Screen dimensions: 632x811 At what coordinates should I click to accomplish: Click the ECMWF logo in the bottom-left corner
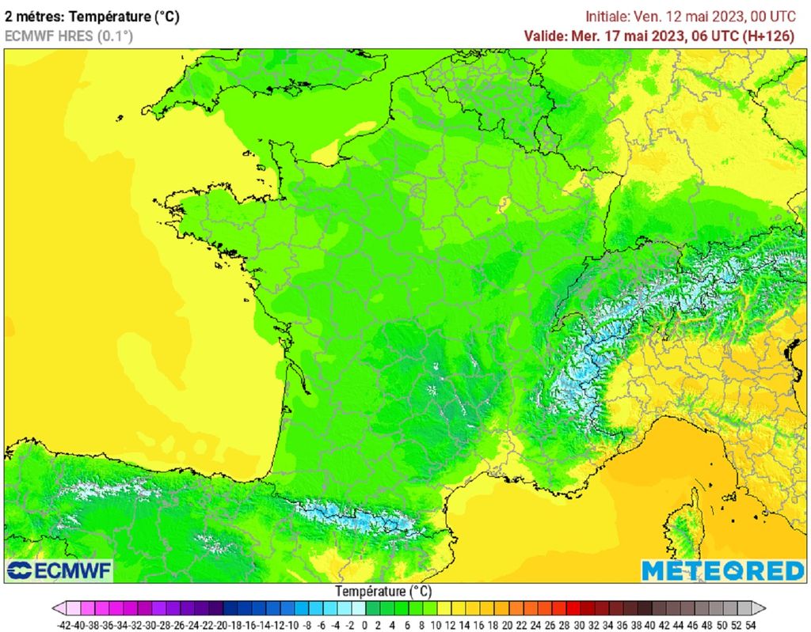coord(59,570)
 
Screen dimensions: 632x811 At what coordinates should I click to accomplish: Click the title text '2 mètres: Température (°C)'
coord(92,17)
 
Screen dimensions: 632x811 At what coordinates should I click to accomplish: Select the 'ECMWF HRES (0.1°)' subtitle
coord(69,36)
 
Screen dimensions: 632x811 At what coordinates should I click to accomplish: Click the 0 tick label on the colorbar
coord(365,625)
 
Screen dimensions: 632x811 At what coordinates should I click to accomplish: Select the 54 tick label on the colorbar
coord(751,625)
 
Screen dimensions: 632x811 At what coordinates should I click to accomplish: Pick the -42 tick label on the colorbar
coord(66,625)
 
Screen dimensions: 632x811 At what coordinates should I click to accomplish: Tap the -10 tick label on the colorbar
coord(293,625)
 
